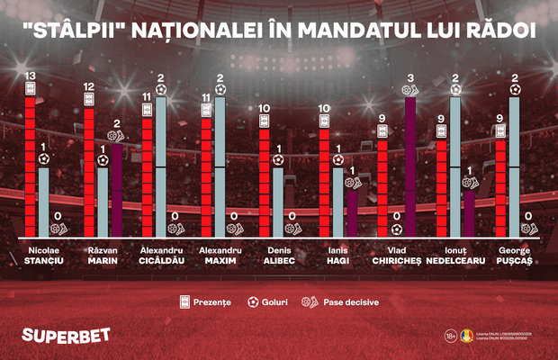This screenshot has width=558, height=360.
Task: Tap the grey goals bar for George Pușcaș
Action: [x=514, y=166]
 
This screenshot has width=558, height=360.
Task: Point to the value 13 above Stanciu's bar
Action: [x=30, y=75]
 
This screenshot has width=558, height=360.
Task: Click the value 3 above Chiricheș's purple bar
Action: [x=410, y=77]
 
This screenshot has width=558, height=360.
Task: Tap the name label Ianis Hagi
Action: [x=337, y=256]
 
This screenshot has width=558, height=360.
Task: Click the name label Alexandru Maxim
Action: [x=219, y=256]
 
